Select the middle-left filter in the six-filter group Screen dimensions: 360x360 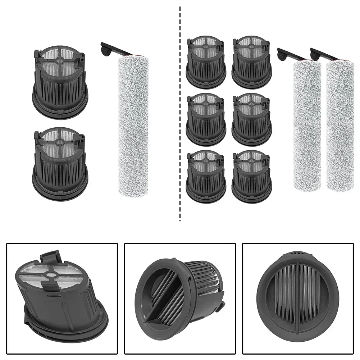click(206, 119)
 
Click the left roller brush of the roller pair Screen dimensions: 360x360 click(307, 126)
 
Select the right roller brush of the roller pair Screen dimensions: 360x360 click(340, 126)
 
